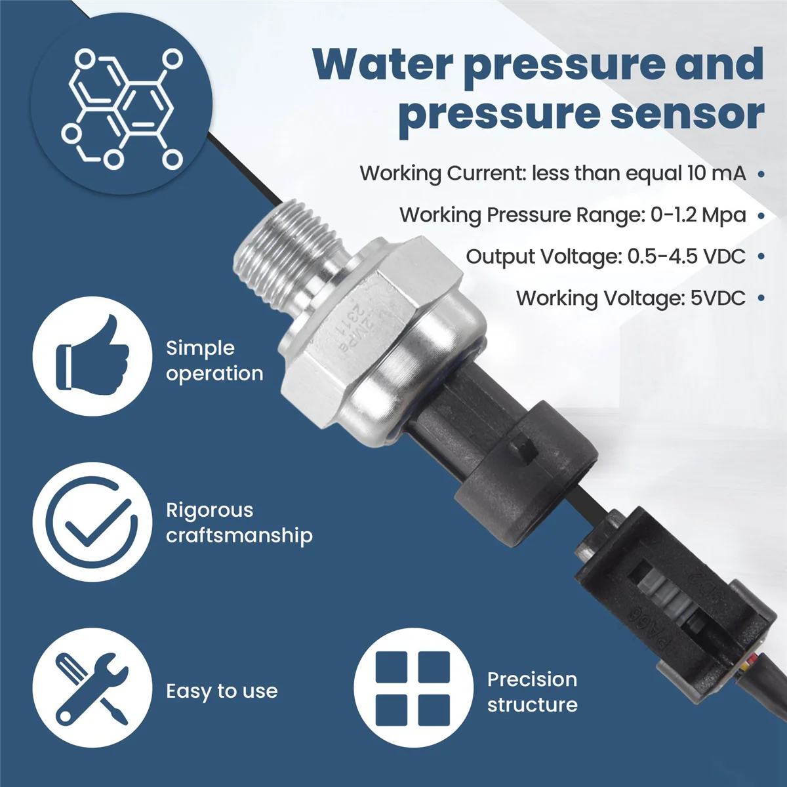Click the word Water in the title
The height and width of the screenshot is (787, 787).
point(383,64)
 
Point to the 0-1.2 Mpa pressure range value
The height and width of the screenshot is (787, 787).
point(698,215)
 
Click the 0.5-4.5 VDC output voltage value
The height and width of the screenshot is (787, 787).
point(686,256)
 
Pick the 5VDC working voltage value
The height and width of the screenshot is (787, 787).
point(717,298)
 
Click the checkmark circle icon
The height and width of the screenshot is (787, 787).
point(92,522)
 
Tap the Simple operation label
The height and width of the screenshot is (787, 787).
point(214,361)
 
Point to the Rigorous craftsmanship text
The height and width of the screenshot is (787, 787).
point(239,523)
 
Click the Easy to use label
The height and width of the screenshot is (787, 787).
point(222,691)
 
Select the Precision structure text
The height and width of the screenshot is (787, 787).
point(532,692)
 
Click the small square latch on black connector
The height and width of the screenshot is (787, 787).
point(525,449)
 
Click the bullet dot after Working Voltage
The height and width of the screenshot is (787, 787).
point(761,298)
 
